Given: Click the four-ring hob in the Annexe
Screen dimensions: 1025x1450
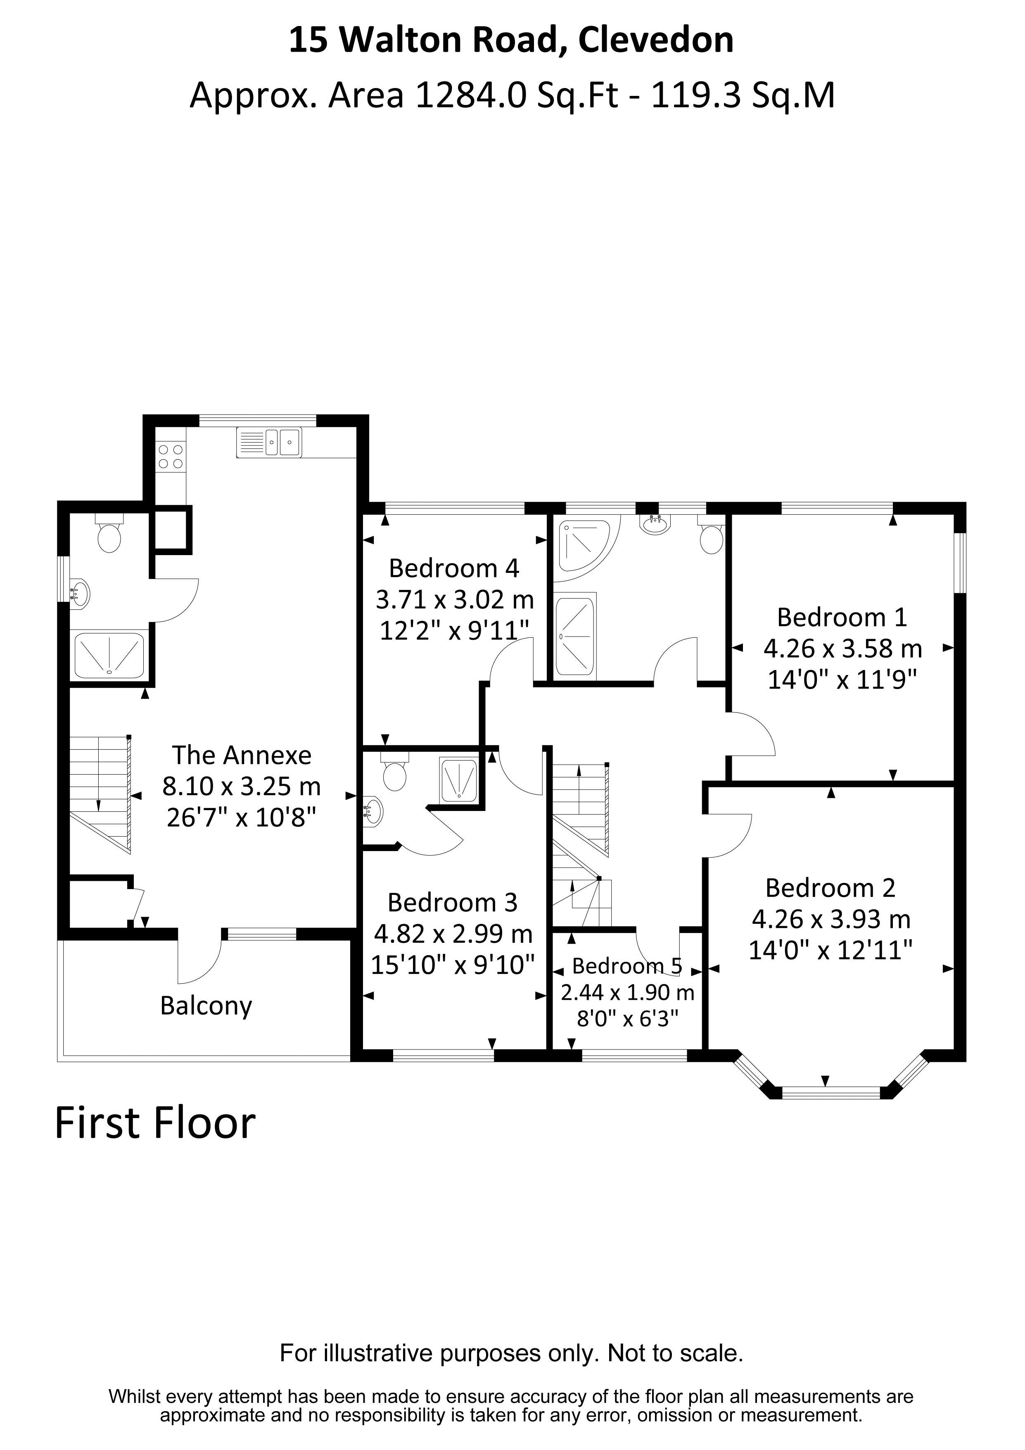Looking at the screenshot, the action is (171, 457).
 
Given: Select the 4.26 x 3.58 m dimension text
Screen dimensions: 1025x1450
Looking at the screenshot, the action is (842, 649).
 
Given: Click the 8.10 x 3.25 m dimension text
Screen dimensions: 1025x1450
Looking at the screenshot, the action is (242, 786).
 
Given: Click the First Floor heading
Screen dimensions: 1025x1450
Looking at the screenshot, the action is (155, 1123).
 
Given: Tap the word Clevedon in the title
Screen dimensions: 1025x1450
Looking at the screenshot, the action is (656, 40).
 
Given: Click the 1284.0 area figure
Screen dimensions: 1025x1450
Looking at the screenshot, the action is (470, 96).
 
